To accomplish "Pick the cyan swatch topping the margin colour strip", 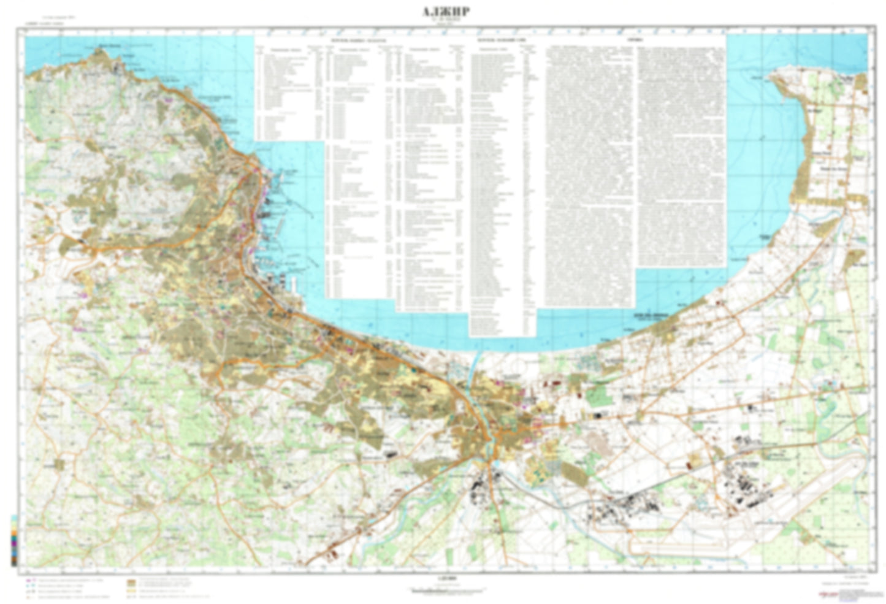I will tap(14, 518).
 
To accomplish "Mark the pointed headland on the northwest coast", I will tap(98, 52).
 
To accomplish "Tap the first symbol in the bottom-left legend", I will tap(29, 579).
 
